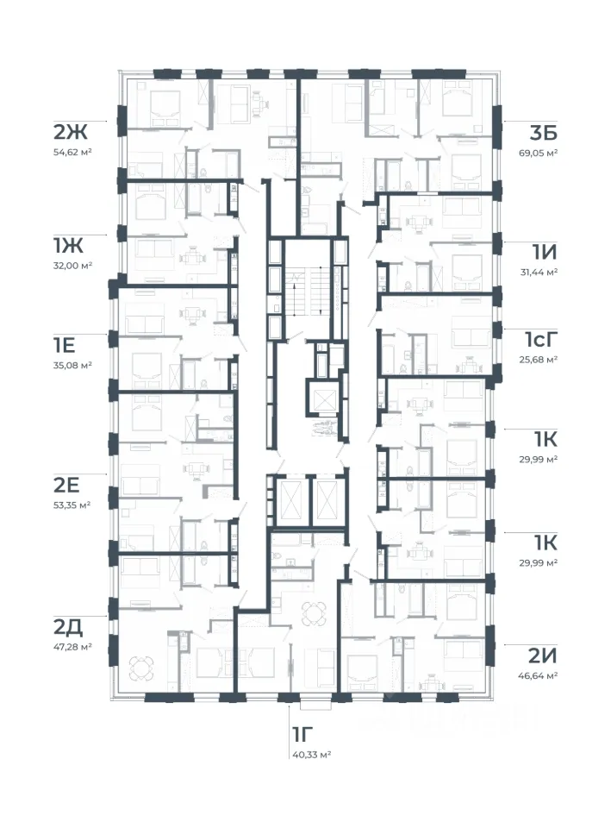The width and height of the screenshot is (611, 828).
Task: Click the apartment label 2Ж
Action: [70, 132]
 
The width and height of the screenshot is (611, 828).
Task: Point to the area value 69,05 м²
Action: [538, 153]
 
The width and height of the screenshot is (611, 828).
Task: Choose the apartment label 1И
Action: [545, 253]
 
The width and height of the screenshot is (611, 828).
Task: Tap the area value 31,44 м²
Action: [539, 272]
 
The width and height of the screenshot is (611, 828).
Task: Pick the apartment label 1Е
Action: [65, 345]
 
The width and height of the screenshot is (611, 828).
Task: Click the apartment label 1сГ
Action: [541, 340]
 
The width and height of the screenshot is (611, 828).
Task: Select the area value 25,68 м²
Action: [539, 360]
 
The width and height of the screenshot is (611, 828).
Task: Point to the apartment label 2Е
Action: [66, 485]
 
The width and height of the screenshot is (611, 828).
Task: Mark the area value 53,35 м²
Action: [72, 505]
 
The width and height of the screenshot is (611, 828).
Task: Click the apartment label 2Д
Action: [68, 627]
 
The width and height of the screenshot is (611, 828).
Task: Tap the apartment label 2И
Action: [543, 655]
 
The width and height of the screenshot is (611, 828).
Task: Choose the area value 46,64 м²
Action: [539, 675]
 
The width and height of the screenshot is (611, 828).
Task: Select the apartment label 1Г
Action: [302, 734]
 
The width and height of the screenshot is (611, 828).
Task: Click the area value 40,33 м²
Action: [311, 755]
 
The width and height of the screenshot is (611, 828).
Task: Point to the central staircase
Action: [308, 291]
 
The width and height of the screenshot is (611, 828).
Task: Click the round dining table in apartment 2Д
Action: [141, 668]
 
